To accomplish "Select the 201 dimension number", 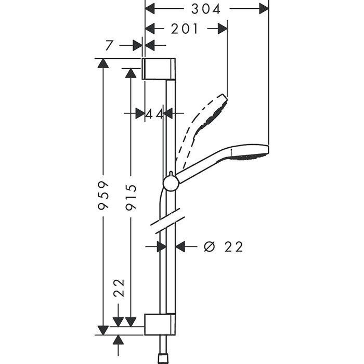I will coord(185,29).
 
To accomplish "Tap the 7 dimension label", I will coord(109,45).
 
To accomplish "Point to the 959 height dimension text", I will coord(103,196).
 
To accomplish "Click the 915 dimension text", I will coord(131,197).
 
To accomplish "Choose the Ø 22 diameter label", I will coord(224,246).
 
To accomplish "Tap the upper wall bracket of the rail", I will coord(158,69).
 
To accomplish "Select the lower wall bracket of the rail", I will coord(158,324).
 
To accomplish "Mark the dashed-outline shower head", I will coord(208,117).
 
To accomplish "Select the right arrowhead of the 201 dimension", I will coord(223,29).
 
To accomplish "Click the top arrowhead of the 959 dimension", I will coord(103,64).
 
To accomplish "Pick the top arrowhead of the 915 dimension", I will coord(131,73).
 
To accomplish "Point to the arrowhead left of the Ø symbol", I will coord(180,246).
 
